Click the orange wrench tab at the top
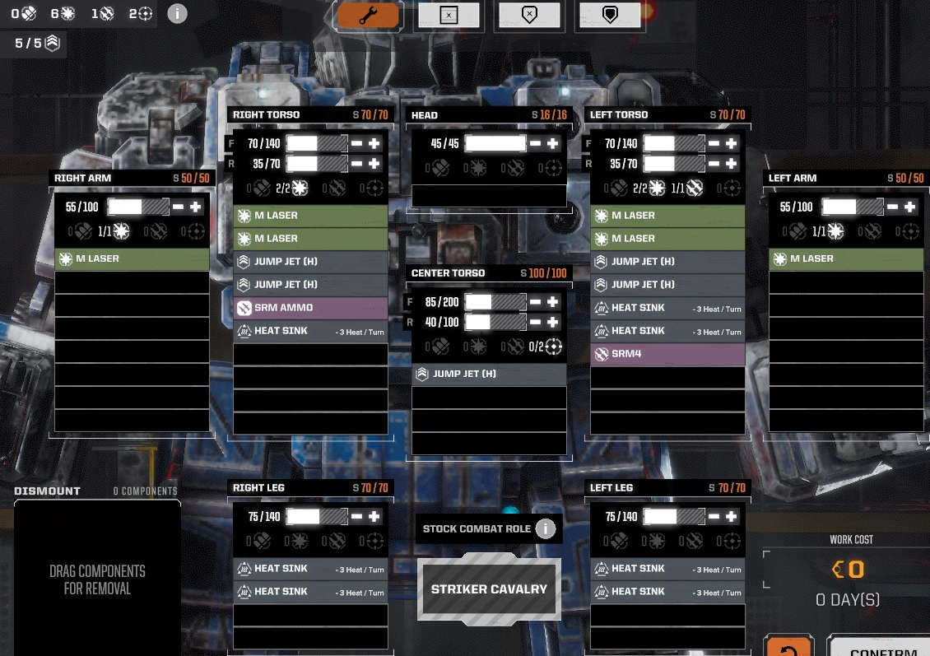pyautogui.click(x=368, y=16)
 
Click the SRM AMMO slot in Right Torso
pyautogui.click(x=310, y=308)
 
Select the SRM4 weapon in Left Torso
pyautogui.click(x=667, y=354)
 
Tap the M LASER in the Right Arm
pyautogui.click(x=132, y=258)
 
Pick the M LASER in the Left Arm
pyautogui.click(x=846, y=258)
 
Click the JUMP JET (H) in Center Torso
pyautogui.click(x=489, y=375)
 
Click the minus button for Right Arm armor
pyautogui.click(x=179, y=207)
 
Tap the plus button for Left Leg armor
pyautogui.click(x=731, y=517)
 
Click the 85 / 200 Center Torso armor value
pyautogui.click(x=442, y=302)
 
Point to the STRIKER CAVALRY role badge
pyautogui.click(x=489, y=589)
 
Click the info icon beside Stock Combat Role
pyautogui.click(x=545, y=528)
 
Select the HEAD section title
pyautogui.click(x=425, y=115)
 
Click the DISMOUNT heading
pyautogui.click(x=47, y=491)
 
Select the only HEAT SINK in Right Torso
pyautogui.click(x=310, y=331)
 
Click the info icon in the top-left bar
pyautogui.click(x=177, y=14)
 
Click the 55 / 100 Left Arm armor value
pyautogui.click(x=796, y=207)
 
